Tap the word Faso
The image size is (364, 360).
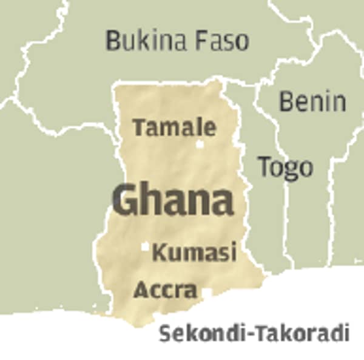point(223,41)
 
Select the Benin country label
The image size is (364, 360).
point(312,101)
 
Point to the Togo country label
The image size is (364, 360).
point(285,166)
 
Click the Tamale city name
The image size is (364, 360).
point(174,127)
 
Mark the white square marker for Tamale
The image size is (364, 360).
point(200,144)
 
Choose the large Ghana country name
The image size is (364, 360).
point(173,200)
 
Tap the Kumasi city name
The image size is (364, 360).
point(194,252)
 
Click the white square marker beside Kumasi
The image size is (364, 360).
point(145,247)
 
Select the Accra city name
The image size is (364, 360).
point(165,290)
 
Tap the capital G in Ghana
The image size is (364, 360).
point(126,200)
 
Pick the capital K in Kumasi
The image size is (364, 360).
point(160,252)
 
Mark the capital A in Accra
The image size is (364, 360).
point(141,290)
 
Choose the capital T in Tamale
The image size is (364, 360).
point(140,127)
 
